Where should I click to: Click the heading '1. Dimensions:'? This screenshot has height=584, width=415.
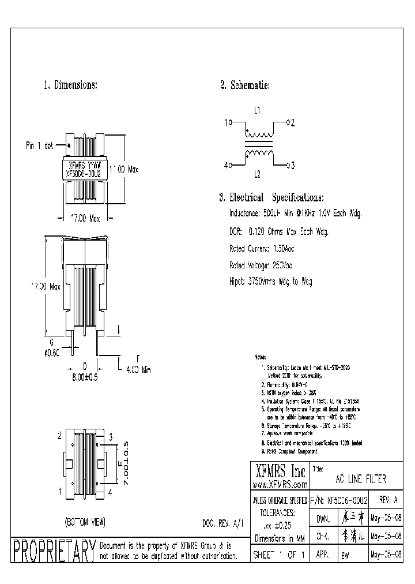pos(70,85)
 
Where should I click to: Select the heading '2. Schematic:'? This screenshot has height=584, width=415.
pos(245,85)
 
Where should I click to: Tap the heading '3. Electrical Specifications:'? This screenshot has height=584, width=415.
pos(271,197)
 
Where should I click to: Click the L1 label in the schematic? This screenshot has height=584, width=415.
pos(258,110)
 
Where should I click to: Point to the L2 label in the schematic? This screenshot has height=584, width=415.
pos(258,173)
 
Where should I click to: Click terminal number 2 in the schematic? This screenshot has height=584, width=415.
pos(293,122)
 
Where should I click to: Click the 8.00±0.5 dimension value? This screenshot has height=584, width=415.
pos(85,376)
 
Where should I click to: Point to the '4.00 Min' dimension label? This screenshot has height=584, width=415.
pos(139,372)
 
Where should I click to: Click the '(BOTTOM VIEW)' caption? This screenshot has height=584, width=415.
pos(85,522)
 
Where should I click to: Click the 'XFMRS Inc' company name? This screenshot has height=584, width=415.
pos(279,470)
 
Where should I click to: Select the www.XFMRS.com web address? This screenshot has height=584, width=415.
pos(279,484)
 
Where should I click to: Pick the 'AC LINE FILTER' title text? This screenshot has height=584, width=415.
pos(361,480)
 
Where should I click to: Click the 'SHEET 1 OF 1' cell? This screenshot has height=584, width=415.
pos(279,554)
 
